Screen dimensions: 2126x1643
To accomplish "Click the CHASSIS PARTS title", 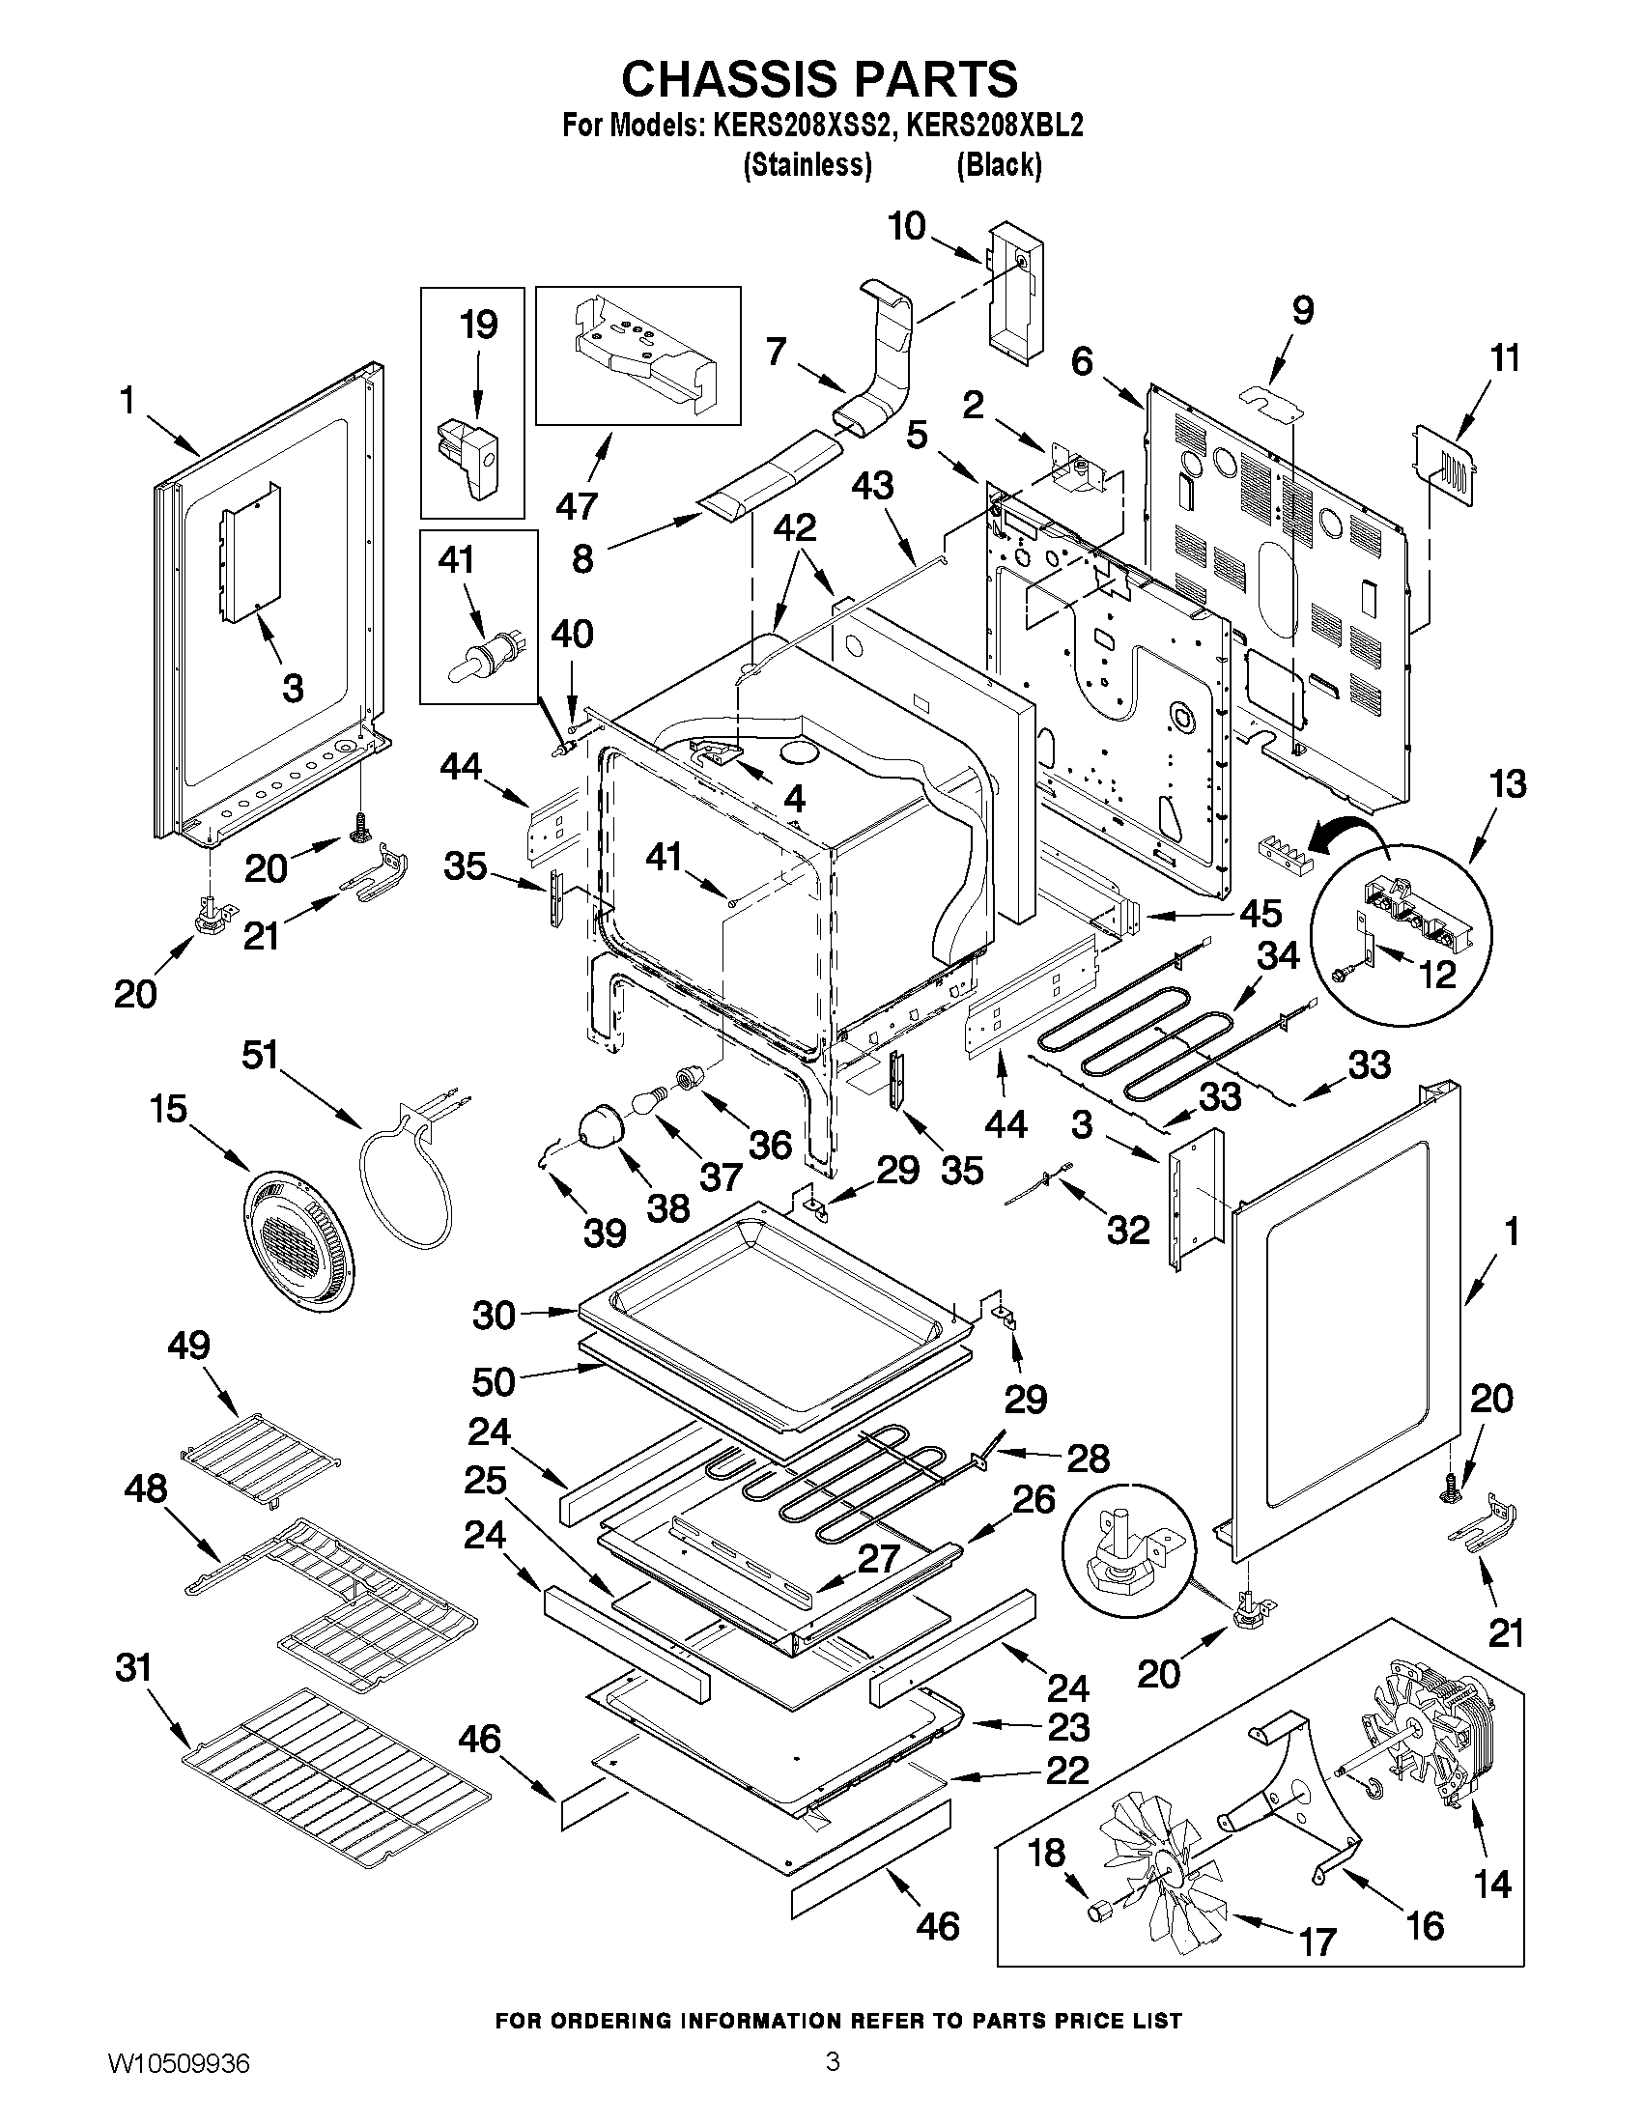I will [819, 78].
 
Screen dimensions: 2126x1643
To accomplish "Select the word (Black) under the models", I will [999, 165].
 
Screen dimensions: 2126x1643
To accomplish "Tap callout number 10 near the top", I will [906, 227].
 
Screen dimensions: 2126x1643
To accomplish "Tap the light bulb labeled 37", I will [647, 1102].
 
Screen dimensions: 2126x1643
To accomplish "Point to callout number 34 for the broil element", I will [1278, 955].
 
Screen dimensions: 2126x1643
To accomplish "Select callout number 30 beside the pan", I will [494, 1316].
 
